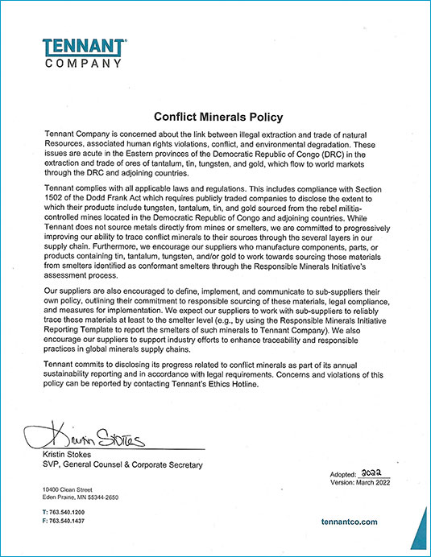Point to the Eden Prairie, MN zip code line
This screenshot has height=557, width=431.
[x=80, y=497]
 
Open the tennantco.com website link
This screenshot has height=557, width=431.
[x=349, y=522]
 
